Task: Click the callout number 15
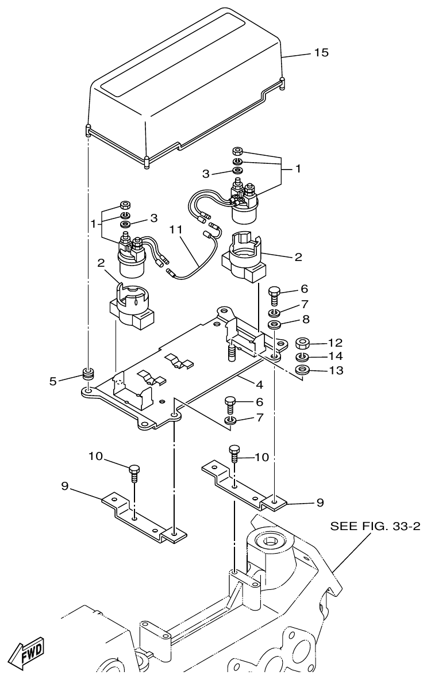click(321, 53)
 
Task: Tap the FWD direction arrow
click(29, 650)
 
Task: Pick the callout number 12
click(335, 344)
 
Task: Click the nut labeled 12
click(303, 344)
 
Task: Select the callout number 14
click(335, 357)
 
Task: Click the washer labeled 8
click(275, 327)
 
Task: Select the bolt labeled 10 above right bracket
click(234, 454)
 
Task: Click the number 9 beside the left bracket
click(65, 485)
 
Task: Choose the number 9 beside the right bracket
click(319, 502)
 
